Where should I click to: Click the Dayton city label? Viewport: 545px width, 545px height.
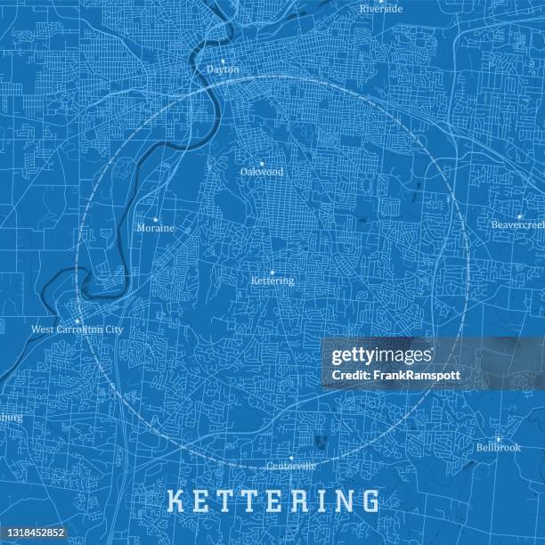[x=223, y=69]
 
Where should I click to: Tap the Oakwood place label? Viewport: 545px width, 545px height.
[x=261, y=172]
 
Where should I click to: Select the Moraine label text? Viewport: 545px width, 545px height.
[x=155, y=228]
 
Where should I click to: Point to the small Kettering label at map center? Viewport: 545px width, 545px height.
[x=272, y=281]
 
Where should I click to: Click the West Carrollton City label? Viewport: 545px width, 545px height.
[x=77, y=329]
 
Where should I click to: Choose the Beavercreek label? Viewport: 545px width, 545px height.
[x=517, y=224]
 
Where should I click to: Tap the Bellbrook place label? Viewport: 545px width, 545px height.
[x=498, y=447]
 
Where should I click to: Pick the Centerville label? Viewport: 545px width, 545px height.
[x=291, y=466]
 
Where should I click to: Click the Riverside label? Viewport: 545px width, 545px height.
[x=381, y=9]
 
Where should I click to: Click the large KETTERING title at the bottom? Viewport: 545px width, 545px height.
[x=273, y=500]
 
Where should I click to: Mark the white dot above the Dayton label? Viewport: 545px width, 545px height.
[x=223, y=61]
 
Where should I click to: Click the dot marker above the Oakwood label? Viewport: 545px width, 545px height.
[x=261, y=163]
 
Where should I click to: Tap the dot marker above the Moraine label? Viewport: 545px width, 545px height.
[x=155, y=219]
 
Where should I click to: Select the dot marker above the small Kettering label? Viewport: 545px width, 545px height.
[x=272, y=272]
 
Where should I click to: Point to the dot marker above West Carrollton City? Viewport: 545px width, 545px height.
[x=77, y=321]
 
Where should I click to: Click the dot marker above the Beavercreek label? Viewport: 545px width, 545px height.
[x=518, y=216]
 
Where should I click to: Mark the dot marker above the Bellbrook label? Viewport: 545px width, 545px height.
[x=498, y=438]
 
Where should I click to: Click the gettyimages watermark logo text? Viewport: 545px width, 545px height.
[x=381, y=357]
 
